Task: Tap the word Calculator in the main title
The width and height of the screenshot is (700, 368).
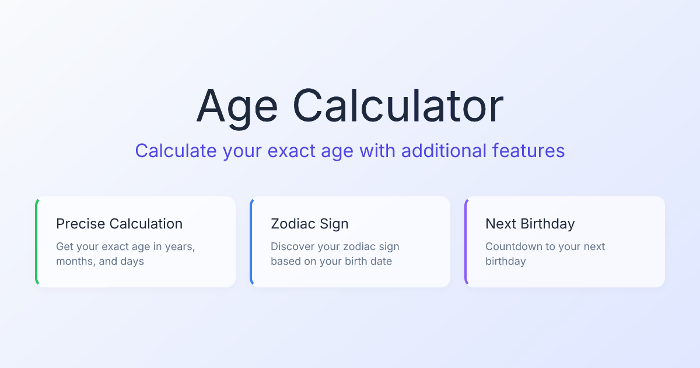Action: pos(398,106)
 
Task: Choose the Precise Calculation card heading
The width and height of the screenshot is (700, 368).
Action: pos(119,224)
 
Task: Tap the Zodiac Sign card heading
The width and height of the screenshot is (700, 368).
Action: pos(309,224)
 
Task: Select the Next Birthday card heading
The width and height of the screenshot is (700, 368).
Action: pos(530,224)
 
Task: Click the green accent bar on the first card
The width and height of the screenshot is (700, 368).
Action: pos(37,242)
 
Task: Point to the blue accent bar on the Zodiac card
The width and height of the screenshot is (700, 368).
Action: pos(251,242)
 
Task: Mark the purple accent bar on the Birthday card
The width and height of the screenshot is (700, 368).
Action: pos(466,242)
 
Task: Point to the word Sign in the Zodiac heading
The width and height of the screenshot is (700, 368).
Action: pos(334,224)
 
